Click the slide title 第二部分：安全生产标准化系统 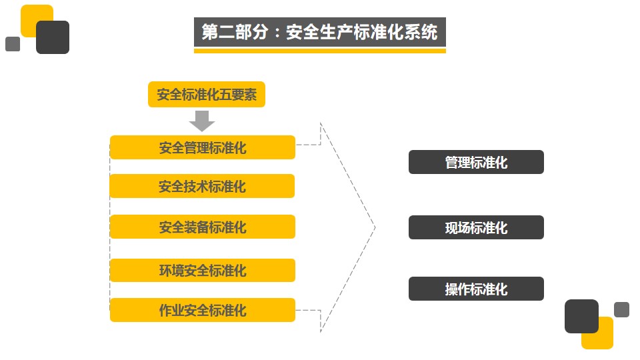point(319,32)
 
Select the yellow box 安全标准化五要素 point(207,94)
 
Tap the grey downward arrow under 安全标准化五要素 point(202,121)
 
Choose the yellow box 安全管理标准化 point(203,147)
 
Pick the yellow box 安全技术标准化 point(203,186)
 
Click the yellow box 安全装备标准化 point(203,227)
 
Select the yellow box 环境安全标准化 point(203,270)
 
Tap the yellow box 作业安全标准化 point(203,310)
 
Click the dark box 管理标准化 point(476,162)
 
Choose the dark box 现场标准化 point(476,227)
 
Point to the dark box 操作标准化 point(476,289)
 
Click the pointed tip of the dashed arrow point(375,227)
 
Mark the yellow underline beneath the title point(319,51)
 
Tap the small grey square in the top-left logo point(13,44)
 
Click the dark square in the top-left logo point(53,37)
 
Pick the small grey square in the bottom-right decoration point(621,310)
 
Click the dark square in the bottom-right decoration point(581,316)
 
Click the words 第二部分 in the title point(235,32)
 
